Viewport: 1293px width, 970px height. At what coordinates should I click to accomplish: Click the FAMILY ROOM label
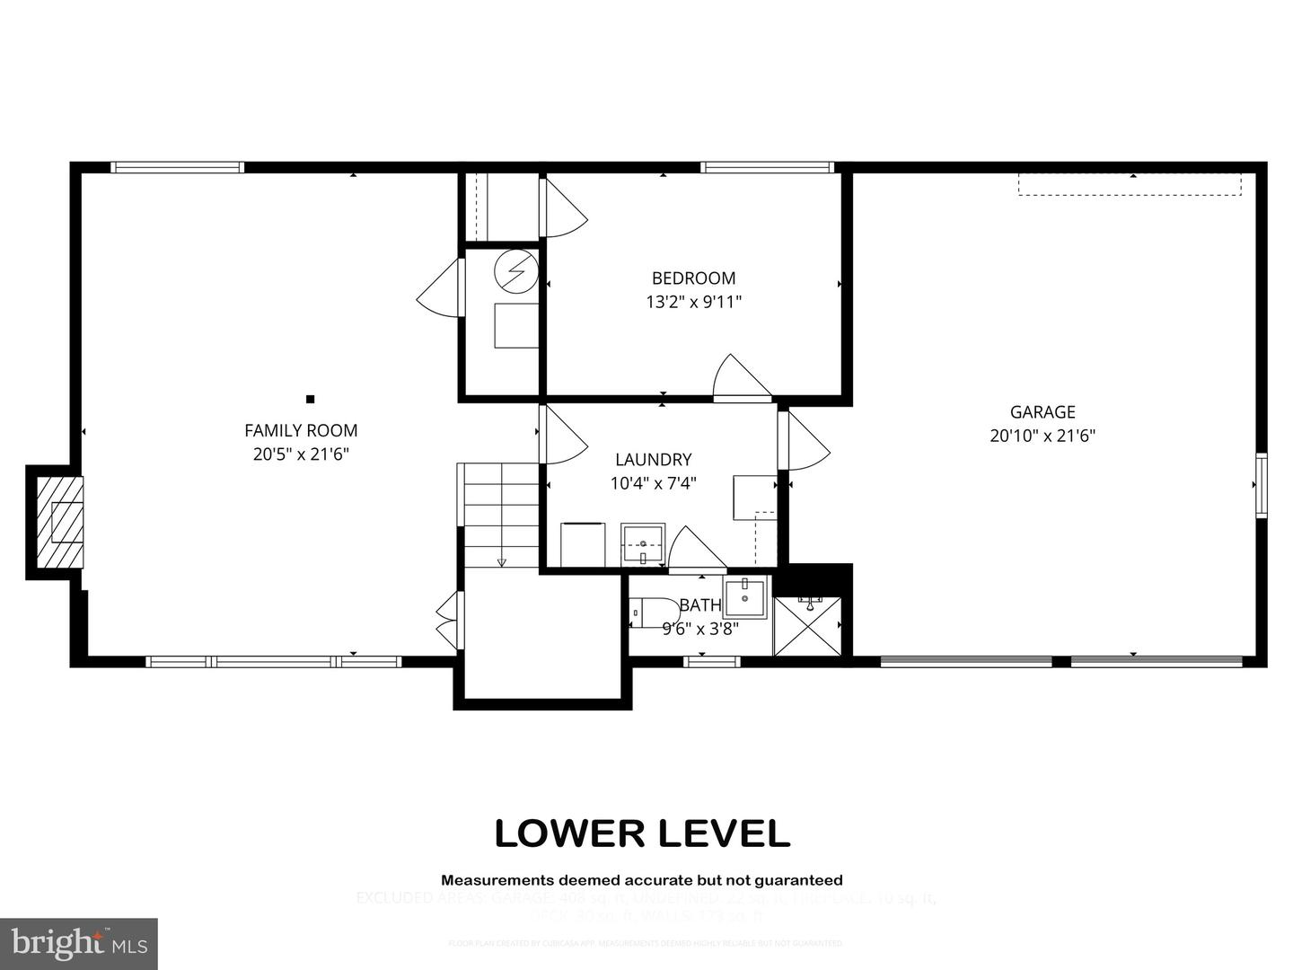click(301, 430)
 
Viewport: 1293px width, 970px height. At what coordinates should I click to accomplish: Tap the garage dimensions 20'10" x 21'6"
click(1042, 436)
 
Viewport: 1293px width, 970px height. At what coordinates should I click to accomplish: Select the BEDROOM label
click(693, 278)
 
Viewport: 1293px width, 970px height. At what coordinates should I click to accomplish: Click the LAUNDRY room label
click(653, 460)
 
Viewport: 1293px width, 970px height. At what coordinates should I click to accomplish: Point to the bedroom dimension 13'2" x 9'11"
click(693, 302)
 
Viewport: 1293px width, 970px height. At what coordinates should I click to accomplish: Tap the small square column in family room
click(311, 399)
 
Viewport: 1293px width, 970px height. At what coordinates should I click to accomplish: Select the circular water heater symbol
click(515, 270)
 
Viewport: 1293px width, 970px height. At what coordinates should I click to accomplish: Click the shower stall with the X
click(809, 626)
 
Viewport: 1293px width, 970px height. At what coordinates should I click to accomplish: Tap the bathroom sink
click(745, 598)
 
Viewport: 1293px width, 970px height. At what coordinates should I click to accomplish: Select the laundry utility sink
click(643, 545)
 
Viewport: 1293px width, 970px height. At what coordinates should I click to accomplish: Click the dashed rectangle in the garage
click(1130, 184)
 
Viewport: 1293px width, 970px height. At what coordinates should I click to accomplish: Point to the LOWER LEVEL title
click(642, 833)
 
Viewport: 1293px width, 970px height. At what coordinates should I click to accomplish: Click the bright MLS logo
click(79, 943)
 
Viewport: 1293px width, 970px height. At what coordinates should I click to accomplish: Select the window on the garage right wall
click(1261, 485)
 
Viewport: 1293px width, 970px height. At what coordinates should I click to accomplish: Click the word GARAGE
click(1042, 412)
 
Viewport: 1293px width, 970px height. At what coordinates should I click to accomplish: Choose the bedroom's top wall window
click(767, 167)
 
